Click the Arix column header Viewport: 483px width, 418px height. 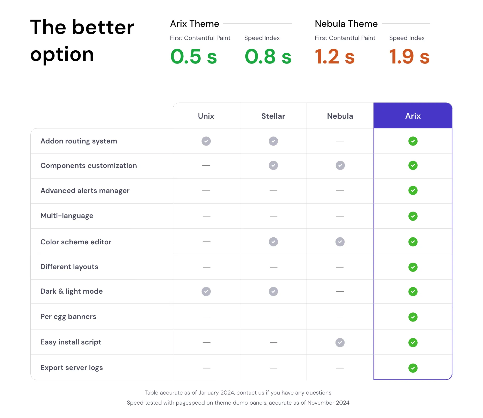413,116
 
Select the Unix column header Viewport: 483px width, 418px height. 206,116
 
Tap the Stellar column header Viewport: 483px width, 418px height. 273,116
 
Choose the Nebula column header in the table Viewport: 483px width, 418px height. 340,116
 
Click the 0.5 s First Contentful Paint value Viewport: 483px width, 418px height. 193,57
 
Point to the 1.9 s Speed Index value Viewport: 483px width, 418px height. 409,57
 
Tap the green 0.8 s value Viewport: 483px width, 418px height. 268,57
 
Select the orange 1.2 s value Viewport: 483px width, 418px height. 334,57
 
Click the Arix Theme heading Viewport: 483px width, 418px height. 194,24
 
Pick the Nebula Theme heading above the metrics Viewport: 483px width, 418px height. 346,24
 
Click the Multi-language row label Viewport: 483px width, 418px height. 67,216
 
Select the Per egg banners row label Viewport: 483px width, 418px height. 68,317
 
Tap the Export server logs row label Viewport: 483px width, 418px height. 72,368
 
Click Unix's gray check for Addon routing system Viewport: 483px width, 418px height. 206,141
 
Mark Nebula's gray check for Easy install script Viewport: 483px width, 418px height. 340,343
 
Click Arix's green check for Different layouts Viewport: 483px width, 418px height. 413,267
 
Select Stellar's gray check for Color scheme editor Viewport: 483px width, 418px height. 273,242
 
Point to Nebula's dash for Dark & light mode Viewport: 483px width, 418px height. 340,292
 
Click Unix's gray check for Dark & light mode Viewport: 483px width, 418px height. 206,292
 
